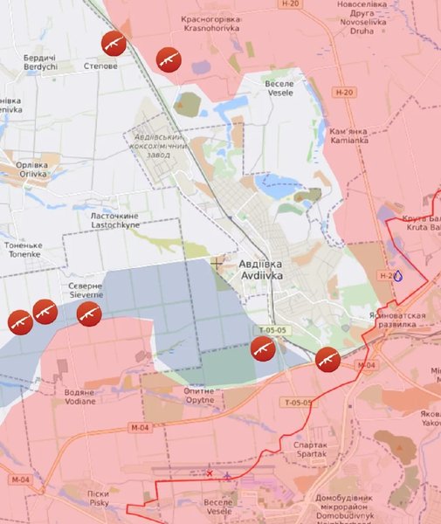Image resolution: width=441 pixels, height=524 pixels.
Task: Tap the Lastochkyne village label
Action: (x=114, y=219)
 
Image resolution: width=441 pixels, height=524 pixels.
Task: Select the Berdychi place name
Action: (x=40, y=61)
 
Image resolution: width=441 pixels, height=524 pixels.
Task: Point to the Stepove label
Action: (x=100, y=65)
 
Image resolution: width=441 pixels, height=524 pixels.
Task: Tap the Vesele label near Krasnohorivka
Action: (x=279, y=87)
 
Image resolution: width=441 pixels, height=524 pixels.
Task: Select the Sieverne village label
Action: (x=86, y=290)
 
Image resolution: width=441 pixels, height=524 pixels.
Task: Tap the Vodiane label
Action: (x=79, y=396)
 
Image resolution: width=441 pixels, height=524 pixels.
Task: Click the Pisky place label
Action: (x=98, y=499)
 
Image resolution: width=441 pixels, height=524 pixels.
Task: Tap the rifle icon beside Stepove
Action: (x=114, y=43)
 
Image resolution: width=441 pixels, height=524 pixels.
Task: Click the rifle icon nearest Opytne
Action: (x=262, y=348)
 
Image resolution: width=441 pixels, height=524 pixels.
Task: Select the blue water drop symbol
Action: (x=398, y=275)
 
